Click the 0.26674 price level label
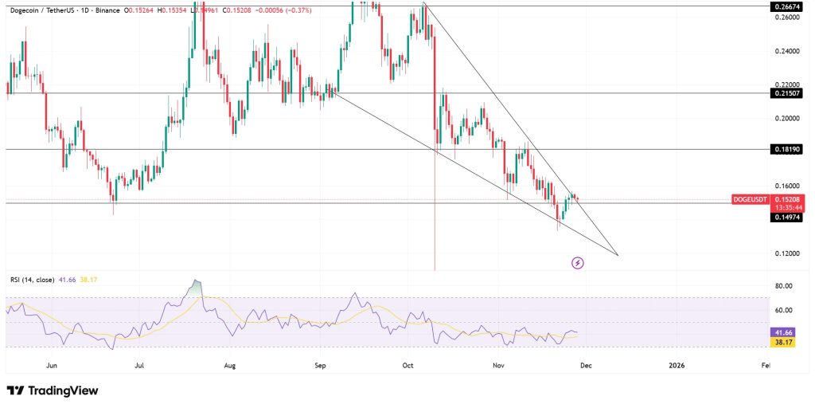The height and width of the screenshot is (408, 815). click(786, 6)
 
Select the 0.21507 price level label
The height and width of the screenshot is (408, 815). click(786, 93)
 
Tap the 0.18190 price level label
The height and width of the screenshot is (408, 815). click(786, 149)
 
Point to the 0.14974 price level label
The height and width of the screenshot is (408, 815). click(786, 216)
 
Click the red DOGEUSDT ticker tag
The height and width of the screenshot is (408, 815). click(750, 199)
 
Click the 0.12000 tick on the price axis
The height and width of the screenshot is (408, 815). click(786, 253)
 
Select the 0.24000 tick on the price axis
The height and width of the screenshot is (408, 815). click(786, 51)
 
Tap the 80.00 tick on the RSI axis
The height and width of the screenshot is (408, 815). click(783, 286)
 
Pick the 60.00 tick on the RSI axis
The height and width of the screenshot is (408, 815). click(783, 311)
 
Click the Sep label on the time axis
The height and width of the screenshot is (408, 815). click(321, 366)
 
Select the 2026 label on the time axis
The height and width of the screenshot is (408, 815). click(676, 366)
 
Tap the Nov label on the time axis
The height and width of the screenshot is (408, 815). click(499, 366)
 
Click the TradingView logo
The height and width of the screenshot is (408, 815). click(53, 390)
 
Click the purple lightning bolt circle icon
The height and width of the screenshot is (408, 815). click(578, 262)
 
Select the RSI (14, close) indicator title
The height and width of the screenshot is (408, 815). click(32, 280)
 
